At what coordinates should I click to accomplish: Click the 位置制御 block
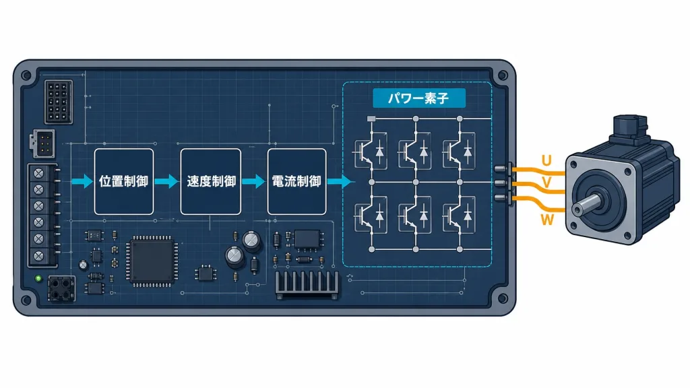coord(124,181)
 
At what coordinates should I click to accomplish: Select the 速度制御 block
coord(210,181)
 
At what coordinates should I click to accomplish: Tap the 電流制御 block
coord(296,181)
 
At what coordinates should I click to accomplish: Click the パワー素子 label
coord(419,98)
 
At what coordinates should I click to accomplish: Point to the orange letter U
coord(546,160)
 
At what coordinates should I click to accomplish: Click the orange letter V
coord(546,182)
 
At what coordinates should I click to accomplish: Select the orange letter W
coord(547,220)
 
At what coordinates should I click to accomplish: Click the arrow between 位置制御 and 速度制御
coord(167,181)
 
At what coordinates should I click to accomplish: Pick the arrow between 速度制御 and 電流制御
coord(253,181)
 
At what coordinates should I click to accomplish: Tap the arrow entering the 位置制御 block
coord(82,181)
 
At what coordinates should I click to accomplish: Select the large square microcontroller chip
coord(152,261)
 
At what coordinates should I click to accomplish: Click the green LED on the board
coord(38,278)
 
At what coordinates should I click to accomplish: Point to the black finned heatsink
coord(307,285)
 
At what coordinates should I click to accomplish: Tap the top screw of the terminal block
coord(39,173)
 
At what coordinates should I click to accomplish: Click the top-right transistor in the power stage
coord(459,152)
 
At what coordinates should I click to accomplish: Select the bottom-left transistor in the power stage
coord(371,216)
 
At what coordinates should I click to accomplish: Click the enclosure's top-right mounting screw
coord(502,75)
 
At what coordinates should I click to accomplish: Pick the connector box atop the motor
coord(630,127)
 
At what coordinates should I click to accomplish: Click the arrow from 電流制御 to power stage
coord(340,181)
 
